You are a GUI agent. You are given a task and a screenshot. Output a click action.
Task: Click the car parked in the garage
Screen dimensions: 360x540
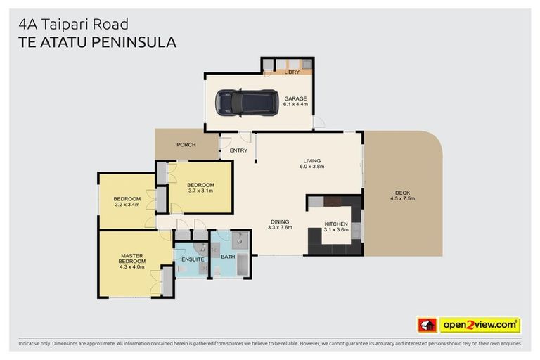click(x=246, y=102)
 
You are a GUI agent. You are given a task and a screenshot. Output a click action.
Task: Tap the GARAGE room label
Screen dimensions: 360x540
click(x=295, y=98)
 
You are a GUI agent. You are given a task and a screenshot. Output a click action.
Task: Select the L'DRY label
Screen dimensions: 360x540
click(x=292, y=72)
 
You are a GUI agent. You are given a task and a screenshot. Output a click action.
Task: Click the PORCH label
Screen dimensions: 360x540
click(x=186, y=145)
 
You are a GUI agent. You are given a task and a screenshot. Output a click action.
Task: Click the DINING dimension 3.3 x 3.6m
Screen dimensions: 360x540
click(x=279, y=229)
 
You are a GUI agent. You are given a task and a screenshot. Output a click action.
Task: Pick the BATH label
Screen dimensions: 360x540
click(x=228, y=257)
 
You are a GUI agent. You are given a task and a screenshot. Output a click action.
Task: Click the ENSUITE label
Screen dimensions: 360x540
click(x=193, y=259)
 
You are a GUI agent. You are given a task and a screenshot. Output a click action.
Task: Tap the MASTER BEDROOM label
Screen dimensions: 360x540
click(x=132, y=259)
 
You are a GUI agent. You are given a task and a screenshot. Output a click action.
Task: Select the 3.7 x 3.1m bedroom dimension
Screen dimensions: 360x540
click(x=200, y=191)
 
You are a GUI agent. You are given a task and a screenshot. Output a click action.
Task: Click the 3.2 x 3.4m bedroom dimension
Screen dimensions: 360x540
click(x=127, y=205)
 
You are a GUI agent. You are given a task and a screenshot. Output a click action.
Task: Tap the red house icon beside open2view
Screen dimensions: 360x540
click(x=427, y=325)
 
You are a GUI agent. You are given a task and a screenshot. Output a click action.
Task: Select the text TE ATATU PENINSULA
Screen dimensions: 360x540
click(x=96, y=42)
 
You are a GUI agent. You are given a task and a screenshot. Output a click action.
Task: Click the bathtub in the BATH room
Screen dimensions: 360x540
click(x=243, y=265)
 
